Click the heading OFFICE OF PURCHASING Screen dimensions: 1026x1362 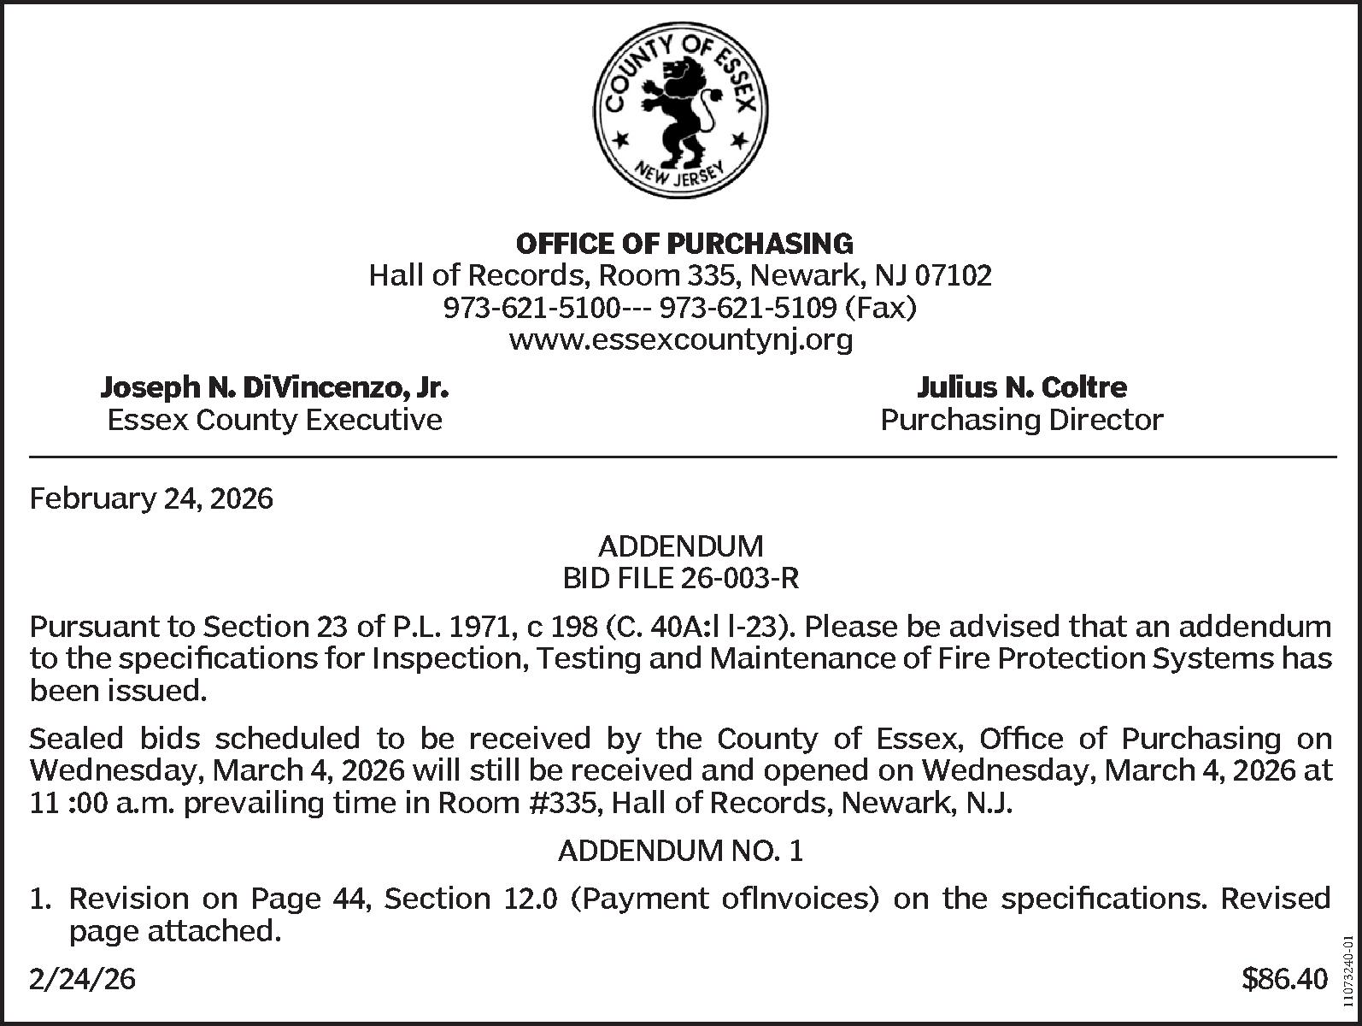click(x=684, y=244)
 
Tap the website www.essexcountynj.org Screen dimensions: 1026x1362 click(x=681, y=340)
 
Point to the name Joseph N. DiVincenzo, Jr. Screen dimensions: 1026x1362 click(x=274, y=388)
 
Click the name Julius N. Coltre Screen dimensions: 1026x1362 click(x=1021, y=388)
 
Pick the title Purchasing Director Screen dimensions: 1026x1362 click(x=1021, y=421)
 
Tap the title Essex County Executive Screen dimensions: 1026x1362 click(x=274, y=421)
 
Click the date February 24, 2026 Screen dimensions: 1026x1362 click(x=151, y=498)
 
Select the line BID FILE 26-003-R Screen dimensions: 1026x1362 click(x=681, y=579)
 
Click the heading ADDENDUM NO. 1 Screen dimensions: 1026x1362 click(x=681, y=852)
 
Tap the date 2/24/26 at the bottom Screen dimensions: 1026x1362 click(x=82, y=980)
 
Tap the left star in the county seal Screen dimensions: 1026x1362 click(x=623, y=139)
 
